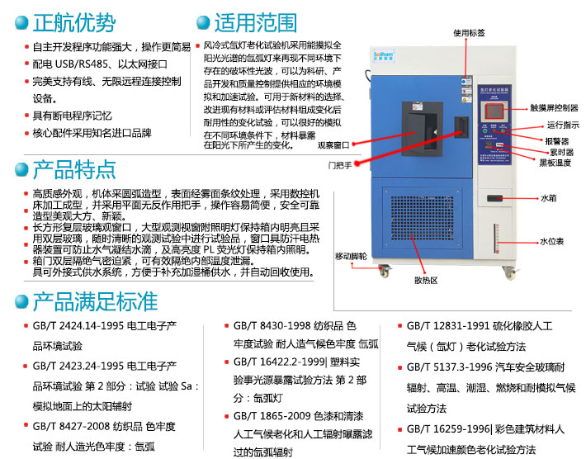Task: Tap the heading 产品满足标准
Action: point(92,299)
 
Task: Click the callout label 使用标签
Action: point(469,33)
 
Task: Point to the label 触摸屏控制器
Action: point(553,108)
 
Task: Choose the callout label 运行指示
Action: point(561,125)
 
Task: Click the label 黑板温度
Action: point(555,163)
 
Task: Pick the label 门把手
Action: point(339,165)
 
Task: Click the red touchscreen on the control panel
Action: point(493,111)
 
